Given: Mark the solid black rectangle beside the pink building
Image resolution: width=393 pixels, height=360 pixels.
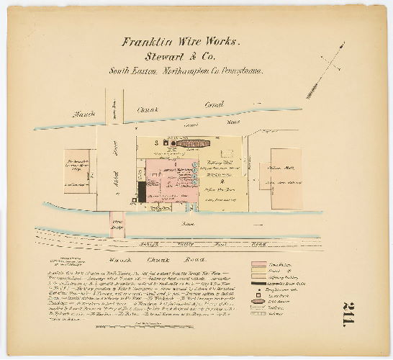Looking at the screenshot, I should [x=142, y=192].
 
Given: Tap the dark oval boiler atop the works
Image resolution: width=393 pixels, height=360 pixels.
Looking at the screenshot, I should [x=193, y=143].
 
